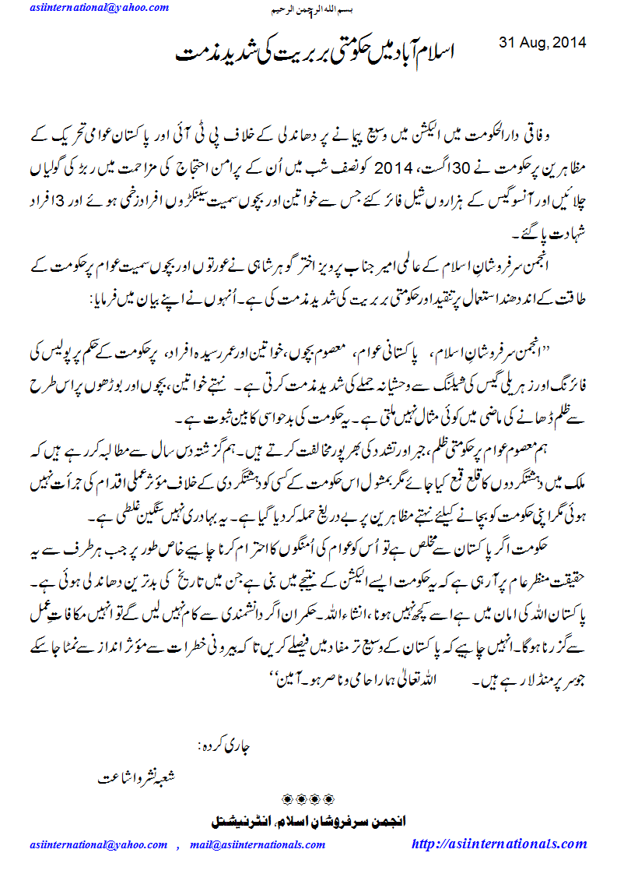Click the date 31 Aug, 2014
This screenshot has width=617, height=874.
tap(542, 41)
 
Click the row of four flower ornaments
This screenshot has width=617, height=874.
tap(307, 799)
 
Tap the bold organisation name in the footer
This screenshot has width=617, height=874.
tap(309, 821)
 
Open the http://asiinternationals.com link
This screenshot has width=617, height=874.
tap(499, 844)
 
